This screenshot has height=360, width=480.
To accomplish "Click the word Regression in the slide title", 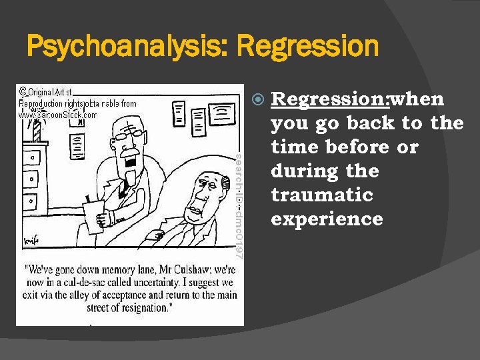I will click(x=307, y=47).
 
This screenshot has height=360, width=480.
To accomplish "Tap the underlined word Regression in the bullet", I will click(x=329, y=99).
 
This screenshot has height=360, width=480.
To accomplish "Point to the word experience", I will click(x=327, y=219).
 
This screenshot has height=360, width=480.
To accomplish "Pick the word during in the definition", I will click(x=298, y=171).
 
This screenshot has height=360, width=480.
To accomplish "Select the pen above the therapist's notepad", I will click(x=87, y=199).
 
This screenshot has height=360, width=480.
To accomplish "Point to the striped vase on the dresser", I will click(x=37, y=129).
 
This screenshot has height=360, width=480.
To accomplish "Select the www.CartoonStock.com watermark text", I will click(x=57, y=115).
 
